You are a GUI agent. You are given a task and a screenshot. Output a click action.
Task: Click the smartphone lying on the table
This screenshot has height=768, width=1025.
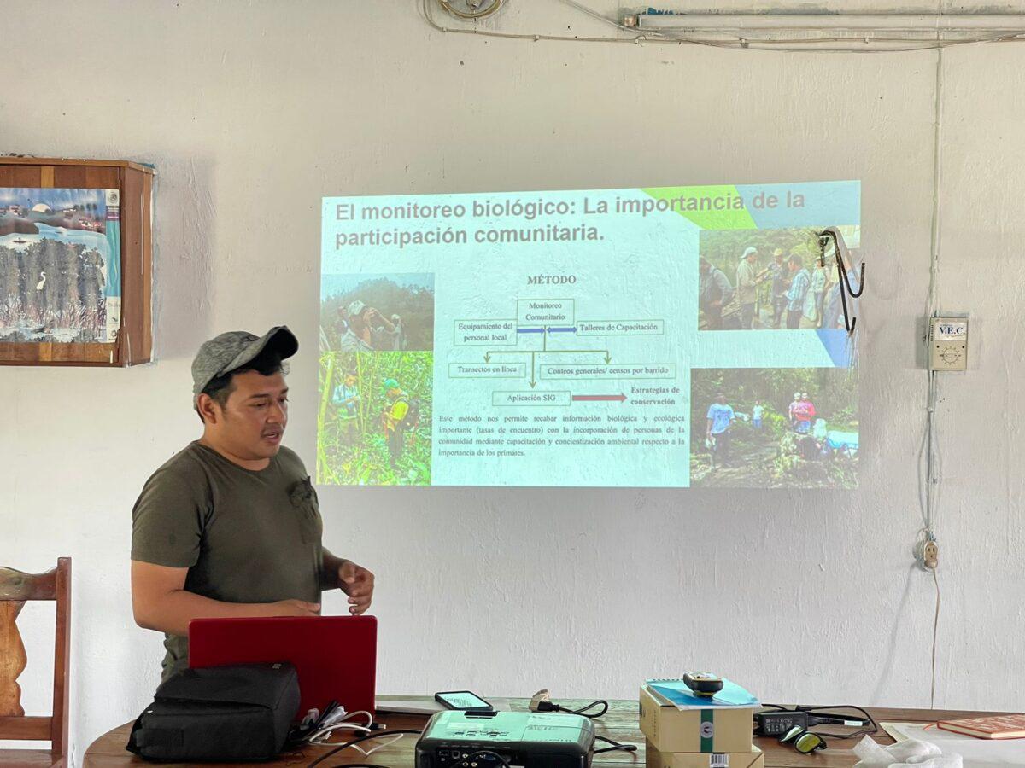click(463, 701)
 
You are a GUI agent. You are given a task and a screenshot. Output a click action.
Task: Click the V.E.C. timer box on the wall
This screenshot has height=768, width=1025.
click(948, 343)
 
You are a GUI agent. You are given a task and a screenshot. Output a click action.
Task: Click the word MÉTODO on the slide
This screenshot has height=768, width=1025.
click(551, 280)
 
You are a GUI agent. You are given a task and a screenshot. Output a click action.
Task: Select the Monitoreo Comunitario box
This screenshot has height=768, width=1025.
click(545, 311)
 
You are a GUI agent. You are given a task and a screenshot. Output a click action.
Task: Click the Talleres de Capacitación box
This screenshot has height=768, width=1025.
click(620, 328)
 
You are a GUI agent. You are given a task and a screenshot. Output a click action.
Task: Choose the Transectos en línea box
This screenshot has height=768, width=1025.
click(487, 370)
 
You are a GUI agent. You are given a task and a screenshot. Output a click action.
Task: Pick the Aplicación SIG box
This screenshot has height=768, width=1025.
click(531, 398)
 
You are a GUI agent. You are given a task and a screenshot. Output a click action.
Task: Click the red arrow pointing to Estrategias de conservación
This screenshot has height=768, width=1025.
click(599, 398)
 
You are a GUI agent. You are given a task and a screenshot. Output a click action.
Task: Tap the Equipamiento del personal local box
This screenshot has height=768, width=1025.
click(484, 332)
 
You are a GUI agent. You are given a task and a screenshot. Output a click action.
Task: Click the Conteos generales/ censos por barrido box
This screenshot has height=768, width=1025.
click(607, 371)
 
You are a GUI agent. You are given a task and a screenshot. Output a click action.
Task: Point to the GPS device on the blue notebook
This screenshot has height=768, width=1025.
click(703, 682)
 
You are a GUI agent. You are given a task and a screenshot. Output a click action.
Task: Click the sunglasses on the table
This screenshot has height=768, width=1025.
click(803, 740)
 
